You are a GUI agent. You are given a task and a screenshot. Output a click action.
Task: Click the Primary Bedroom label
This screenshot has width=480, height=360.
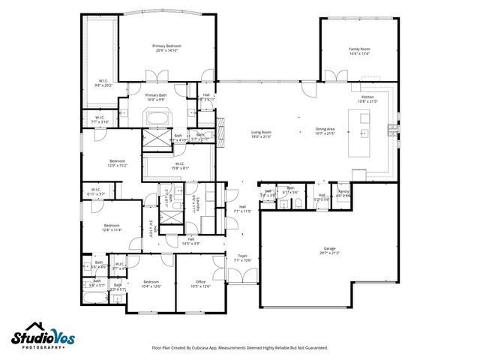tap(168, 46)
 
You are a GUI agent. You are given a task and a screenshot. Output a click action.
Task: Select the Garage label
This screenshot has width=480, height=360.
tap(329, 248)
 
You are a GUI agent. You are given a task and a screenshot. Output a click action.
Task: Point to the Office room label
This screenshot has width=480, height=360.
tap(200, 281)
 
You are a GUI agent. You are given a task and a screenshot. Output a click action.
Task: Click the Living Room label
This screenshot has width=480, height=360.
tap(260, 133)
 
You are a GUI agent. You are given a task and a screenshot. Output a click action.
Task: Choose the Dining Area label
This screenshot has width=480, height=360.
tap(324, 130)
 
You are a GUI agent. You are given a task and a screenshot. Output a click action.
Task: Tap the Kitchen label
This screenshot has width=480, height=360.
tap(367, 97)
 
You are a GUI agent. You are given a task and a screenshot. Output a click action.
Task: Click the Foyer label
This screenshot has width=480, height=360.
tap(242, 256)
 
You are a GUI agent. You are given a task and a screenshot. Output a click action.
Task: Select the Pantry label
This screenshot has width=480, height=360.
tap(343, 192)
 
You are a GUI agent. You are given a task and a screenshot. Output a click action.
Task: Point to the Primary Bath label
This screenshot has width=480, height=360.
tap(156, 95)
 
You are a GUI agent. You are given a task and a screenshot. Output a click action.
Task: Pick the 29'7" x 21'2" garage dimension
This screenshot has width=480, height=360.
tap(329, 253)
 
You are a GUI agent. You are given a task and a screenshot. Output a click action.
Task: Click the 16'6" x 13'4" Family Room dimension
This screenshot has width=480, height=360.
tap(360, 53)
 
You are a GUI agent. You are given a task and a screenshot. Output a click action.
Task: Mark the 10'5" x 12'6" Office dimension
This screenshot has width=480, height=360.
tap(200, 286)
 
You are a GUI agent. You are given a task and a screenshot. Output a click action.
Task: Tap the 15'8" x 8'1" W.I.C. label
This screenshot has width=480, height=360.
tap(180, 167)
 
